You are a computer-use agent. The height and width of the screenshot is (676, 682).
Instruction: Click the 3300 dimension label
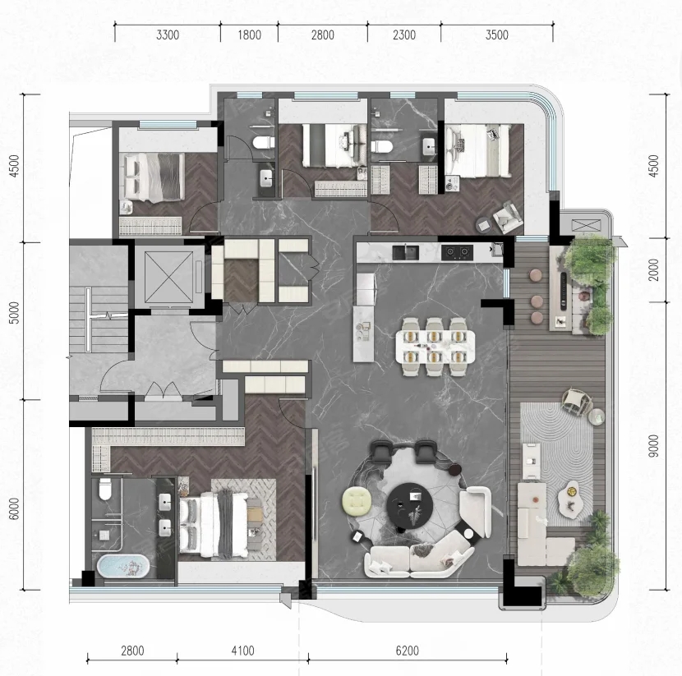pos(168,34)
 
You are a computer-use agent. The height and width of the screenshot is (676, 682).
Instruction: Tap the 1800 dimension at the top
pos(249,34)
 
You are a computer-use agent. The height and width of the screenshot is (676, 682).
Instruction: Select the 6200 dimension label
pos(407,651)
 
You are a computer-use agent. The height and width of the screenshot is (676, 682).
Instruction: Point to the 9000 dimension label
pos(653,446)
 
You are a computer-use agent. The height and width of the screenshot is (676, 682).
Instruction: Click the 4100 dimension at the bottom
pos(242,651)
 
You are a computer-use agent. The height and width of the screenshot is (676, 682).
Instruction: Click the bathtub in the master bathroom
pos(122,566)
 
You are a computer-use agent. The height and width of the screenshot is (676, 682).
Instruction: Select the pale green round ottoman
pos(357,501)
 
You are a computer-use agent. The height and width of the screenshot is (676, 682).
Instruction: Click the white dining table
pos(435,347)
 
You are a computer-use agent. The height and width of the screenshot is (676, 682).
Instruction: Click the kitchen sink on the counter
pos(405,253)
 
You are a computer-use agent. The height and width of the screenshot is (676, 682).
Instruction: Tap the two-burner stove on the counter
pos(457,252)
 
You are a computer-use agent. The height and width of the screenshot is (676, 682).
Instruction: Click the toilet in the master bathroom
pos(105,489)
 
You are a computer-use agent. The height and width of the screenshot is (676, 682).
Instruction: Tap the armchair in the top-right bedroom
pos(507,216)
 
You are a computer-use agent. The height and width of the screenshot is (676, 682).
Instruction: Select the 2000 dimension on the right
pos(653,269)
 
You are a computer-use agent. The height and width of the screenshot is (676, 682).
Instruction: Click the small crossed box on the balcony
pos(585,226)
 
